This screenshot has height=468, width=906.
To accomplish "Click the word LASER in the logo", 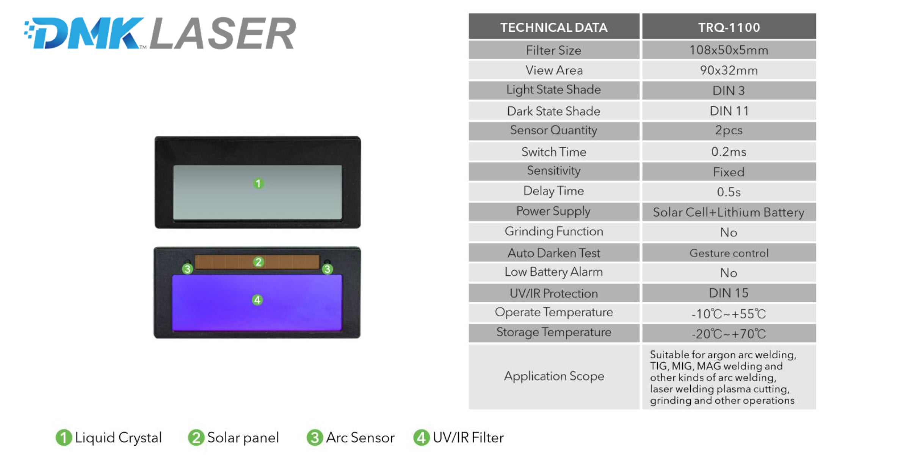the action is click(223, 34).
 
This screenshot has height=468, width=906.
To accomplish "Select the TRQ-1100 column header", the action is click(729, 27).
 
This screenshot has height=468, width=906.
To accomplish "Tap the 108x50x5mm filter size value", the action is click(729, 50).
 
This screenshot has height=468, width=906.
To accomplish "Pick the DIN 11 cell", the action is click(729, 111).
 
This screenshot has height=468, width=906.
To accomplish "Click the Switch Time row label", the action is click(553, 152).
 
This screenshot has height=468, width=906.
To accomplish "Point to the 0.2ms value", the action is click(729, 152).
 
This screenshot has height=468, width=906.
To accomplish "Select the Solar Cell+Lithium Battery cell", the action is click(729, 212).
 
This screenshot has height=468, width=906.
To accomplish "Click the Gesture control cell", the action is click(729, 253).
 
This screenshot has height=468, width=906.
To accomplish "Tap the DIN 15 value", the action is click(729, 293).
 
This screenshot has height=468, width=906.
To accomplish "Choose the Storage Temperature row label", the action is click(554, 332).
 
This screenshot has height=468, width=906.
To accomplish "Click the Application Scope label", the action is click(554, 376).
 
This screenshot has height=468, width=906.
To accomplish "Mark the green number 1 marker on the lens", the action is click(259, 183).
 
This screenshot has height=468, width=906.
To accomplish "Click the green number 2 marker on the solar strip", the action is click(259, 262).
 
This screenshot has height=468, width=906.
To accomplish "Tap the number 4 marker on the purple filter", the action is click(257, 300).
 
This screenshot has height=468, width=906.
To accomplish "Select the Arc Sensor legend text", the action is click(360, 438).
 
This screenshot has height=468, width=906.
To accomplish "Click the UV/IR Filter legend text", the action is click(468, 438).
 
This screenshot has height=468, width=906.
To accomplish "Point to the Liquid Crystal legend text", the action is click(118, 438).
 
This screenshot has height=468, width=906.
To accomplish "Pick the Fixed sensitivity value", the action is click(729, 172).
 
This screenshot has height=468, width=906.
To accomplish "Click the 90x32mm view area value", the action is click(729, 70).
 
